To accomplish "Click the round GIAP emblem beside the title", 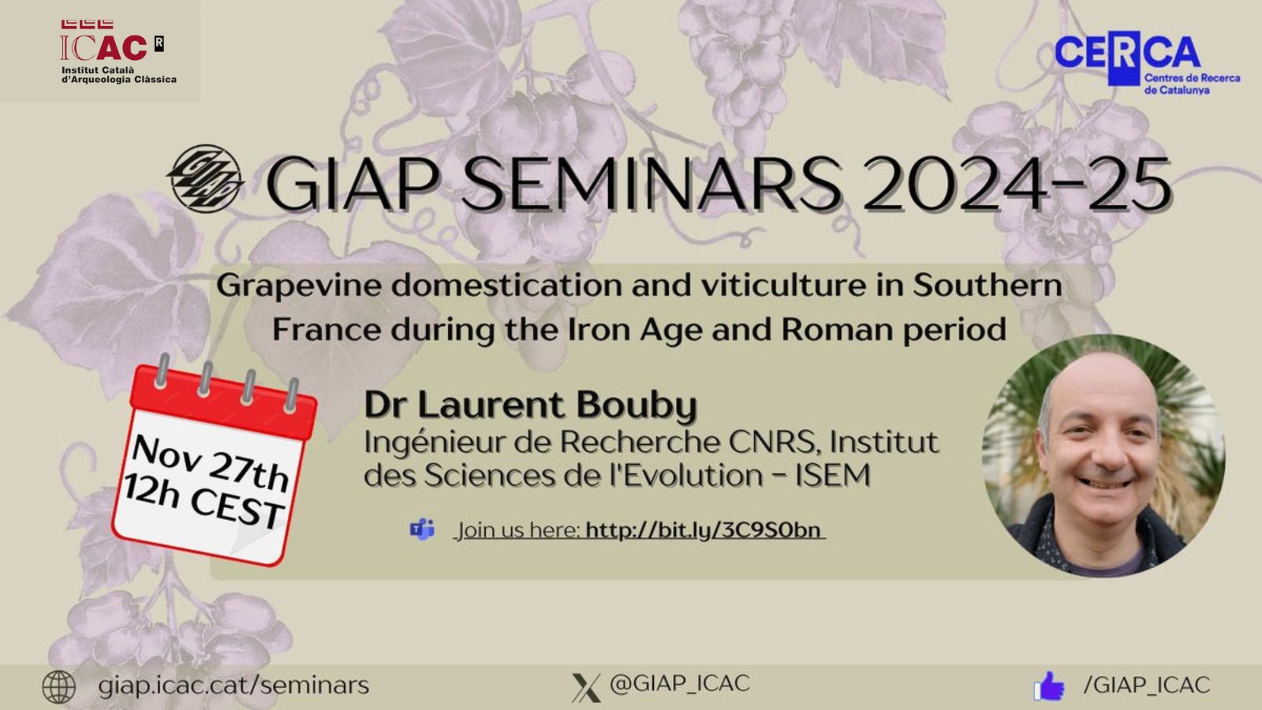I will pos(205,179).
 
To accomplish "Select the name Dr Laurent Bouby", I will pos(530,405).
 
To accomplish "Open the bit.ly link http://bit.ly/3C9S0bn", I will pos(704,529).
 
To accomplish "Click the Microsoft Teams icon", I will pos(423,529).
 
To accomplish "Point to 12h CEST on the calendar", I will pos(202,503).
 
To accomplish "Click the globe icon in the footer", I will pos(58,686).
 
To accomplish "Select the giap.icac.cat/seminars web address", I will pos(233,685).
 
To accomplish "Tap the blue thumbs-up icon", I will pos(1049,686).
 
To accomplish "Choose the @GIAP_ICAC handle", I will pos(680,684).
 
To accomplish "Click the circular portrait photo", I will pos(1103,455).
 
